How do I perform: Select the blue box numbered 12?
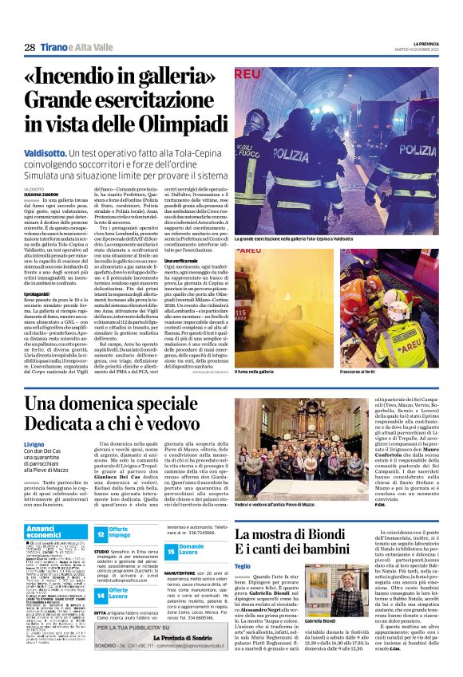point(100,533)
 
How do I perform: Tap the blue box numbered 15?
point(171,551)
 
